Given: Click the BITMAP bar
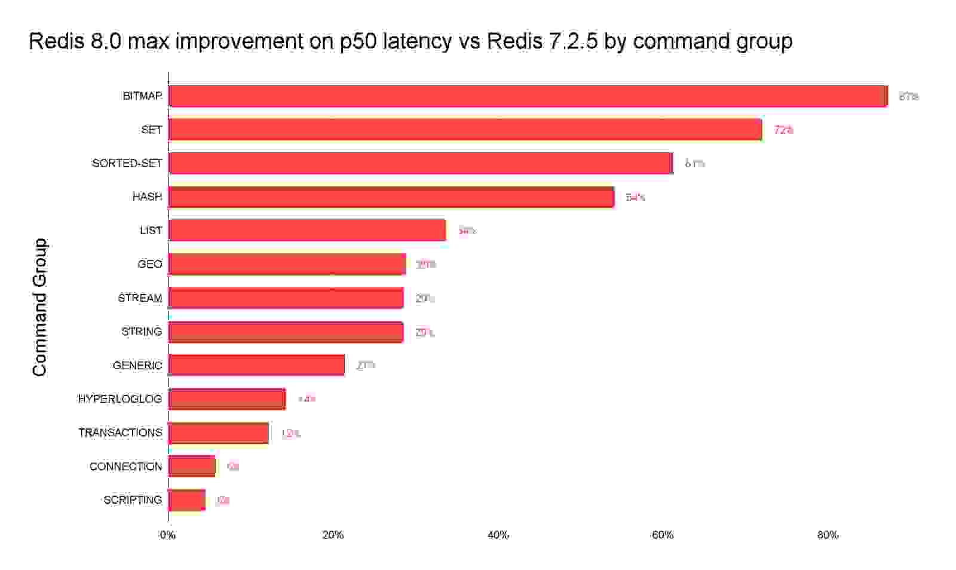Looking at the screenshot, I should click(x=528, y=96).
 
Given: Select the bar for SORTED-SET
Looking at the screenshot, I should click(x=421, y=163).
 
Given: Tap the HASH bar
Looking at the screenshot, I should click(x=391, y=197).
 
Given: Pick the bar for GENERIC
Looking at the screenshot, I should click(x=257, y=365).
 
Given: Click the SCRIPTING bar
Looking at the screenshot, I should click(x=187, y=500).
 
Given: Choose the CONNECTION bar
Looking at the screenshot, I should click(x=192, y=466).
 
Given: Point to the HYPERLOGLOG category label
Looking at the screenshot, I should click(x=120, y=399).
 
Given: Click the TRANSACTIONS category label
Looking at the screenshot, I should click(x=120, y=433).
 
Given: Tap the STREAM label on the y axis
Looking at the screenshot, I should click(x=140, y=298).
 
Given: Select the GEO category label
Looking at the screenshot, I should click(x=149, y=264).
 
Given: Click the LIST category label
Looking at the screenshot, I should click(x=151, y=231).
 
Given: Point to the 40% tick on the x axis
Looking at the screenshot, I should click(x=498, y=535).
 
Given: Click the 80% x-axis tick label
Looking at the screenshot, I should click(x=828, y=535).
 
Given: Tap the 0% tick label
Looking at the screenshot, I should click(x=168, y=535).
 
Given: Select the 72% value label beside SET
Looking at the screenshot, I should click(x=783, y=130).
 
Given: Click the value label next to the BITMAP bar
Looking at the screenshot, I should click(x=908, y=96).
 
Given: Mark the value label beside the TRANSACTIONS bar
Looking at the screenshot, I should click(x=290, y=433).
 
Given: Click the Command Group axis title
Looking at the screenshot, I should click(x=39, y=307).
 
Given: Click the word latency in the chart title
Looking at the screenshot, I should click(x=416, y=41).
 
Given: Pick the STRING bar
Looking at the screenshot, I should click(x=286, y=332).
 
